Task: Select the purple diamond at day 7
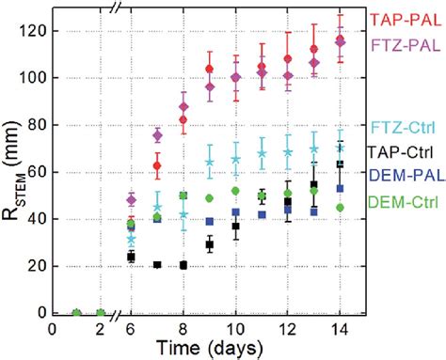[x=158, y=135]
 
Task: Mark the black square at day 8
[x=183, y=265]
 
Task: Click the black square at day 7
[x=158, y=264]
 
